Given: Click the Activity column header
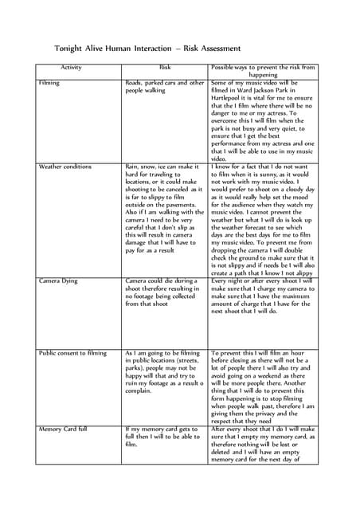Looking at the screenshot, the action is (76, 69).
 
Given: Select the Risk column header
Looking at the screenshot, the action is (165, 69).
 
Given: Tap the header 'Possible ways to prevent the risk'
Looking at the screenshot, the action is (264, 72).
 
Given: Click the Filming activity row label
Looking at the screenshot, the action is (49, 83).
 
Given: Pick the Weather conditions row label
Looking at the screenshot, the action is (65, 167).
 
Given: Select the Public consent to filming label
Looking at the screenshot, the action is (72, 352).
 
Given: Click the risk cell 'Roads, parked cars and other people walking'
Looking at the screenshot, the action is (165, 87).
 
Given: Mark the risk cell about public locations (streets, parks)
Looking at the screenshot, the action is (165, 371).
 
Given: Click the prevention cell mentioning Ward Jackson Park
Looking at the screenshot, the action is (263, 120).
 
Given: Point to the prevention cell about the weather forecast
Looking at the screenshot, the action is (264, 219).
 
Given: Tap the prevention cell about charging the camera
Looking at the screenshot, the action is (264, 296).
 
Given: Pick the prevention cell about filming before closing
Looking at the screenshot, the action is (264, 386).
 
